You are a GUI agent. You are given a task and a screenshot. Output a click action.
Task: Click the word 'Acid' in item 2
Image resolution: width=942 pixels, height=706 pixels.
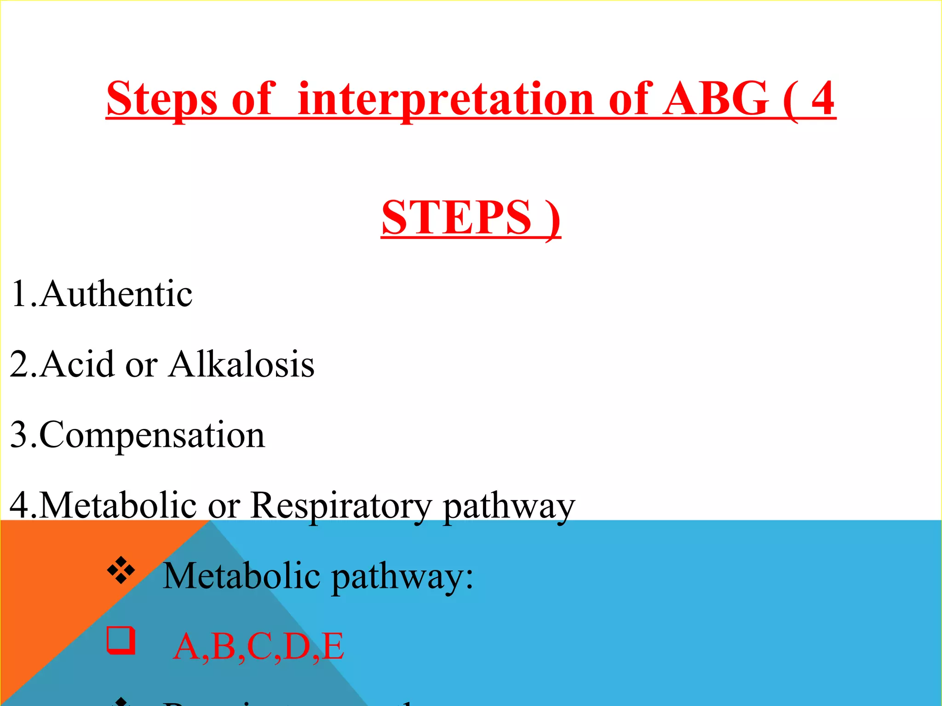[x=76, y=364]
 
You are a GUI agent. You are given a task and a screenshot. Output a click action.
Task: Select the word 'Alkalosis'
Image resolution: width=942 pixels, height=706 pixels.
[x=241, y=364]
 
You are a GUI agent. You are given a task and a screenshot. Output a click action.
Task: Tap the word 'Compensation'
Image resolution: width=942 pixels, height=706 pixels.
[x=152, y=435]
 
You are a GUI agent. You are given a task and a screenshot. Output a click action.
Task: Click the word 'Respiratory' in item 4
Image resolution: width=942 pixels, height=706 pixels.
[x=341, y=506]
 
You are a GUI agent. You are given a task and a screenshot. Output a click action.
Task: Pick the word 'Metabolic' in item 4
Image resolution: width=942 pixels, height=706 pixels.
[x=118, y=505]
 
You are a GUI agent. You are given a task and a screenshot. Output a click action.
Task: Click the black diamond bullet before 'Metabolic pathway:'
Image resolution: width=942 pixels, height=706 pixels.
[x=121, y=570]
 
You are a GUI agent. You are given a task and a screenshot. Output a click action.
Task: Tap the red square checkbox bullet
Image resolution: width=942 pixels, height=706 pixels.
[x=121, y=640]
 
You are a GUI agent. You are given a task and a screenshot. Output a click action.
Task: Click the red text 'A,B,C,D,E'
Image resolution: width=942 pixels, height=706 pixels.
[x=258, y=646]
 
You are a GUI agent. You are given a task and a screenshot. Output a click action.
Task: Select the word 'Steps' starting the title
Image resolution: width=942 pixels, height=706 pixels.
[x=161, y=99]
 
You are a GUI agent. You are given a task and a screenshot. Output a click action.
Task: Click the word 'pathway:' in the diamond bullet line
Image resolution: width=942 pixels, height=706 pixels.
[x=402, y=576]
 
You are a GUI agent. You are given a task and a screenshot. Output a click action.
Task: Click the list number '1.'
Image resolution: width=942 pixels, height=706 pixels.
[x=23, y=294]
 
